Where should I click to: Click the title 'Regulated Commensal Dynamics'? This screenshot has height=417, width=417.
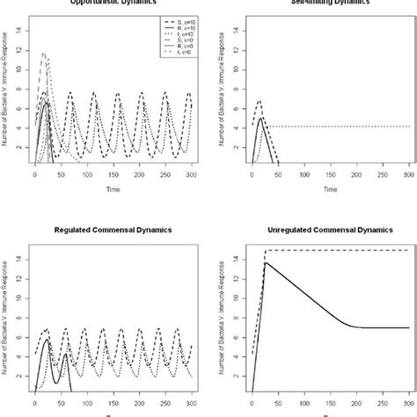pyautogui.click(x=105, y=230)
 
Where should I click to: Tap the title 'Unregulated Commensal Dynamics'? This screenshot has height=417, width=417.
pyautogui.click(x=312, y=230)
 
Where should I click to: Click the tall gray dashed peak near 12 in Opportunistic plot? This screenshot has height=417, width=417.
pyautogui.click(x=45, y=54)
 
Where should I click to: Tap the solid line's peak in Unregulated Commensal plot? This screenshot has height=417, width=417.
pyautogui.click(x=266, y=262)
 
